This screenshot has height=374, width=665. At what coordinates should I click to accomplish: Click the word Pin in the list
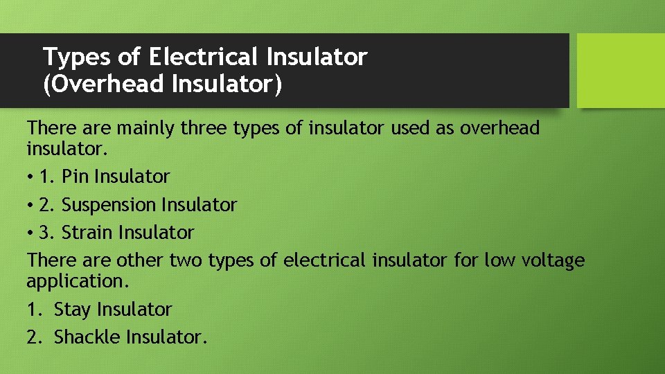tap(76, 177)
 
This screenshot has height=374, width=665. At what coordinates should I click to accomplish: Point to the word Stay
tap(73, 309)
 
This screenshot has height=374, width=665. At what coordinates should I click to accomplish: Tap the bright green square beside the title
tap(621, 71)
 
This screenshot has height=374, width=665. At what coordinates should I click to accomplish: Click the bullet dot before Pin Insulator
tap(31, 177)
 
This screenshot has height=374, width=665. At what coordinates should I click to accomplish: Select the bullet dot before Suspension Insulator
tap(31, 206)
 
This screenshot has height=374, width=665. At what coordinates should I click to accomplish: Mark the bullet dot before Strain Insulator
tap(31, 233)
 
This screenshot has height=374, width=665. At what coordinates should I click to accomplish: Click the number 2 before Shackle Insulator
tap(32, 337)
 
